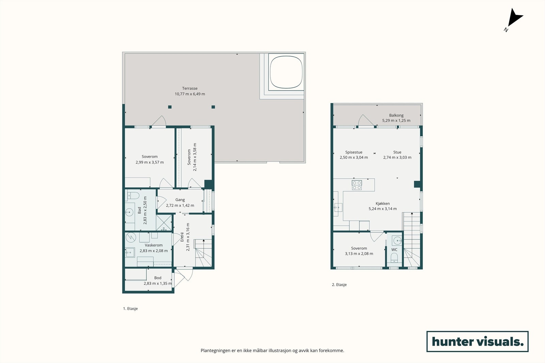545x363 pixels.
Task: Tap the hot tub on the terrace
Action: pos(286,72)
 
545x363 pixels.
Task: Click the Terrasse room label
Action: pos(190,88)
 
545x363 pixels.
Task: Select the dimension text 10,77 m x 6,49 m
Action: pos(190,94)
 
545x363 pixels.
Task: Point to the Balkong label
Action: pos(396,115)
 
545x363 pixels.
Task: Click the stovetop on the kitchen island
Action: pos(357,185)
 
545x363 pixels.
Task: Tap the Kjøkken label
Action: pos(383,203)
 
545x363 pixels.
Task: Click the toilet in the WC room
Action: pos(394,258)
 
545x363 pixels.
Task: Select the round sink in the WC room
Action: pos(397,241)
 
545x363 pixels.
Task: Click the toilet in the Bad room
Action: pos(133,195)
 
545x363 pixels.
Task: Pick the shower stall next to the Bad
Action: pos(164,222)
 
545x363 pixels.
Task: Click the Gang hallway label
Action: pos(180,200)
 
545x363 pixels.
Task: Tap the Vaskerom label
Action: pos(154,245)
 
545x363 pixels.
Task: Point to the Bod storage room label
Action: pos(158,278)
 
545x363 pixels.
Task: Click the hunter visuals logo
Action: pos(478,341)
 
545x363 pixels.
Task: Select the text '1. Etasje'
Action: pos(130,309)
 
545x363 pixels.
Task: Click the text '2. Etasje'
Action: pos(339,284)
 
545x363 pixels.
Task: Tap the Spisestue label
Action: pos(354,152)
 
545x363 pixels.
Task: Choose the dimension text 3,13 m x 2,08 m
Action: pos(359,254)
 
